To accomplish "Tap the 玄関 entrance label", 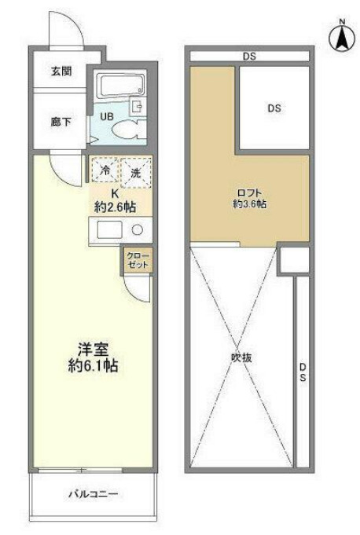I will (x=62, y=71).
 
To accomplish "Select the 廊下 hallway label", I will (x=61, y=123).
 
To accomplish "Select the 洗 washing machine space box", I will (x=136, y=171).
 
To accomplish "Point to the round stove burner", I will (x=137, y=231).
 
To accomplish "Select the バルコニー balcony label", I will (x=92, y=494).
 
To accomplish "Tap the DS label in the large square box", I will (x=274, y=109).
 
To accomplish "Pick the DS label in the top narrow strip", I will (x=249, y=56).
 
